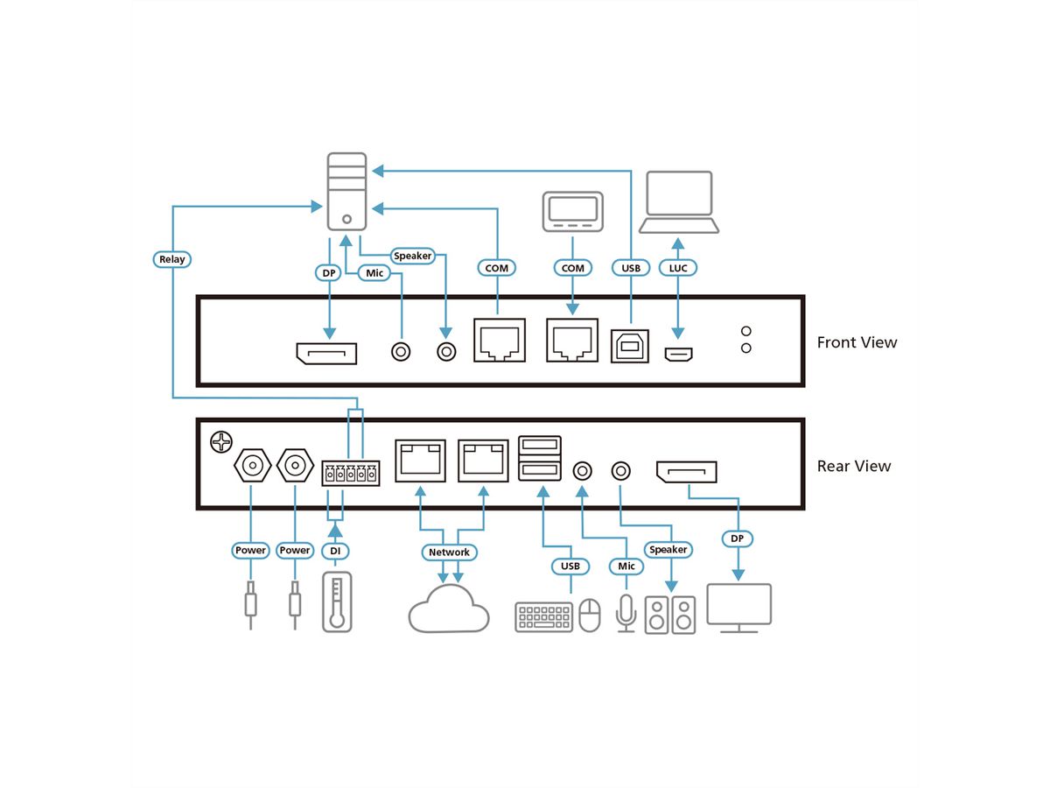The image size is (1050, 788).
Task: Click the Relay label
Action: point(172,259)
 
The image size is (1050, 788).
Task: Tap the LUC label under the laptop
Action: point(677,268)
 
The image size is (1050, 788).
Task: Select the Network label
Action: point(449,552)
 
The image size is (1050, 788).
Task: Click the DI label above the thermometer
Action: point(334,551)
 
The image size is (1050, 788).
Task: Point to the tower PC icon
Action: point(346,191)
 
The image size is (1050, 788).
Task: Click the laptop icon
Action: point(678,202)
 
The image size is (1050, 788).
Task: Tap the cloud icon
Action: point(449,609)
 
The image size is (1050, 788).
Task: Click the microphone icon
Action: point(626,612)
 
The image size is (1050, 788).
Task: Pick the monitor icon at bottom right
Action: point(738,607)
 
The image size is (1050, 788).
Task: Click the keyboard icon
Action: point(543,616)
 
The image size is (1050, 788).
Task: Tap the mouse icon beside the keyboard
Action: point(591,615)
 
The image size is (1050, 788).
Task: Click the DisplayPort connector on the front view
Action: point(327,354)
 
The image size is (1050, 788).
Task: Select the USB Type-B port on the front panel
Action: point(630,348)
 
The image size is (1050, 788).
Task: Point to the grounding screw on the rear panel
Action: point(220,442)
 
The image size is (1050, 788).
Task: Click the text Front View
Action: point(857,342)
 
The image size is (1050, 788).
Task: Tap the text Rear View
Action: point(853,466)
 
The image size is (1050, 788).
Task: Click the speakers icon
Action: point(670,615)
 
